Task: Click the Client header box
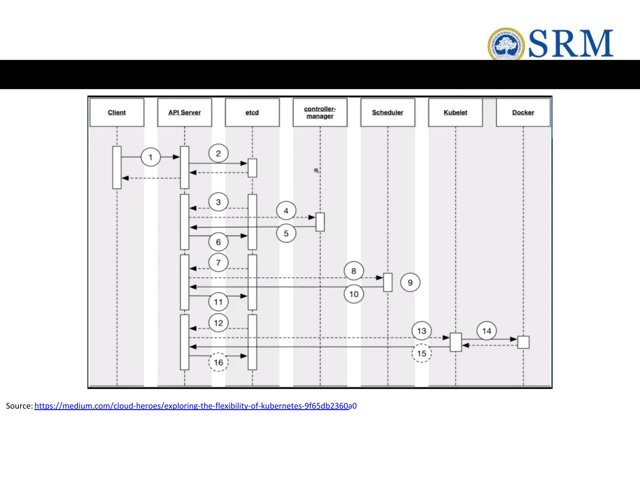117,112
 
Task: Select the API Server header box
184,112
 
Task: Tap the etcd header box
252,112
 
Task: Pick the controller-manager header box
320,112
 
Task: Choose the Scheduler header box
387,112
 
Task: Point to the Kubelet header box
455,112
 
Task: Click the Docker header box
523,112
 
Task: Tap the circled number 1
151,157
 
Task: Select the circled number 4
286,211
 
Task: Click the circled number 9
410,282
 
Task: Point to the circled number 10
354,294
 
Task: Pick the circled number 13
422,331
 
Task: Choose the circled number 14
487,331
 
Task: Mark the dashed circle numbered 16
218,362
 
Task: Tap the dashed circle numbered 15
422,353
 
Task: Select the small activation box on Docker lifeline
523,342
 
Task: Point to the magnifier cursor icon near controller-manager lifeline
316,170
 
